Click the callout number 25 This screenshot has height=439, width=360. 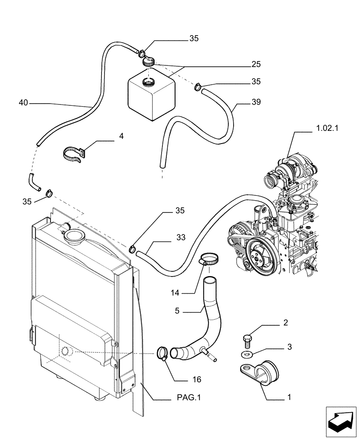pyautogui.click(x=256, y=64)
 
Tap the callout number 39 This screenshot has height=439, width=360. pyautogui.click(x=256, y=102)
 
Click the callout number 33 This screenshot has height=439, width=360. pyautogui.click(x=181, y=237)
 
